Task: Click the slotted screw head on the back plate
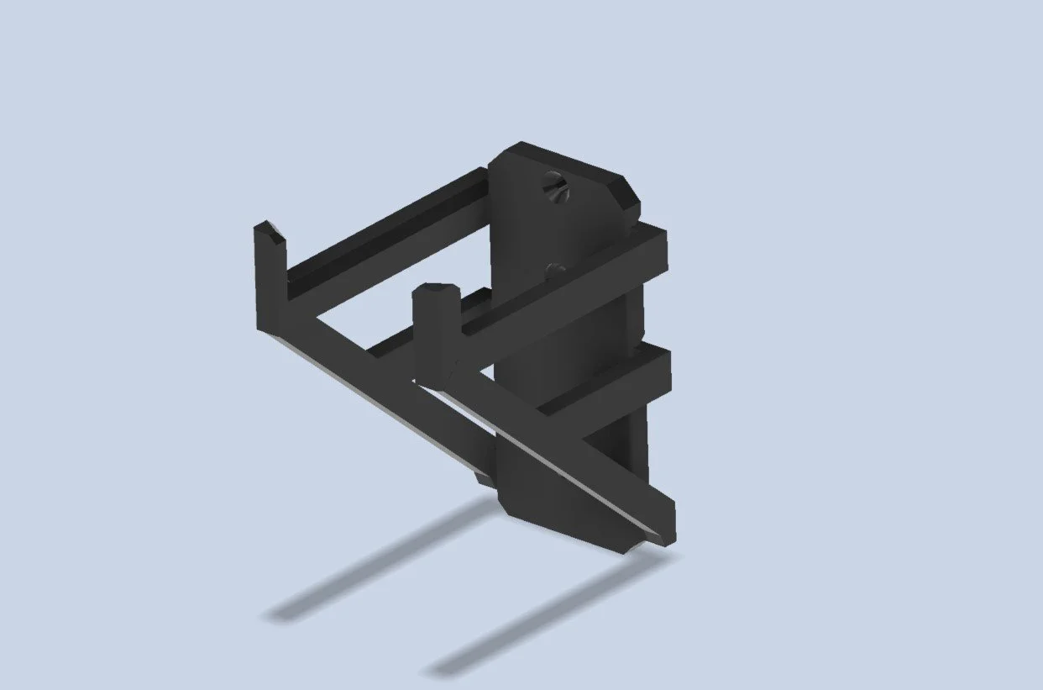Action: coord(555,187)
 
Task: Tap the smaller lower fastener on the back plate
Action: coord(555,271)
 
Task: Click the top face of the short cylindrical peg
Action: coord(436,291)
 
